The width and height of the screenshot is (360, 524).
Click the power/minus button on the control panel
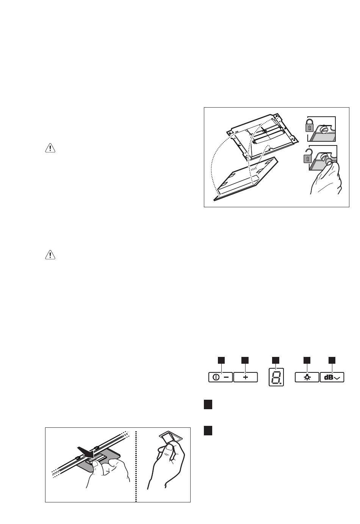(x=220, y=377)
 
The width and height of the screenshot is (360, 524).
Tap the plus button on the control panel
(x=246, y=377)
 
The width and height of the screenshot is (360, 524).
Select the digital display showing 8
(x=275, y=377)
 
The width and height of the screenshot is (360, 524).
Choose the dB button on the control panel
(x=332, y=377)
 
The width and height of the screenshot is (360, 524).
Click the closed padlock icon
(x=310, y=125)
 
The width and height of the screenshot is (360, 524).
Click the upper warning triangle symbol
(x=50, y=148)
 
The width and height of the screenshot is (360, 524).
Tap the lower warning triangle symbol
(x=50, y=256)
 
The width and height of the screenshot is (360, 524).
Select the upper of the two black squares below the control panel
(x=207, y=405)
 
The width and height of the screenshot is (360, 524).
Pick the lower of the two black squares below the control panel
(x=207, y=431)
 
